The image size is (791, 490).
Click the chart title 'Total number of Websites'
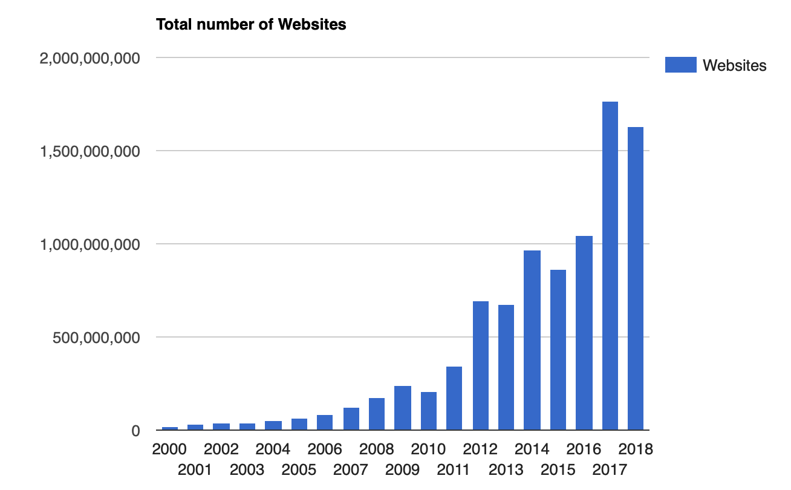[251, 25]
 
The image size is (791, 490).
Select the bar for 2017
[610, 266]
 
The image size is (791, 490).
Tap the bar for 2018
[636, 278]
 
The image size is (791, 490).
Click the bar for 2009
[403, 408]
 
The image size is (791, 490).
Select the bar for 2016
[584, 333]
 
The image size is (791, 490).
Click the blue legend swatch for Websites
[680, 65]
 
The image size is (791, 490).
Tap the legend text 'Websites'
[734, 65]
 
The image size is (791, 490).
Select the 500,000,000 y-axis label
[97, 338]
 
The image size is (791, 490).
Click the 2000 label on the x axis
[170, 449]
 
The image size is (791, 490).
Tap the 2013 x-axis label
[506, 469]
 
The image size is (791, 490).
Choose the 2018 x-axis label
[636, 449]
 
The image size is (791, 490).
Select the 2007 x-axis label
[351, 469]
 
